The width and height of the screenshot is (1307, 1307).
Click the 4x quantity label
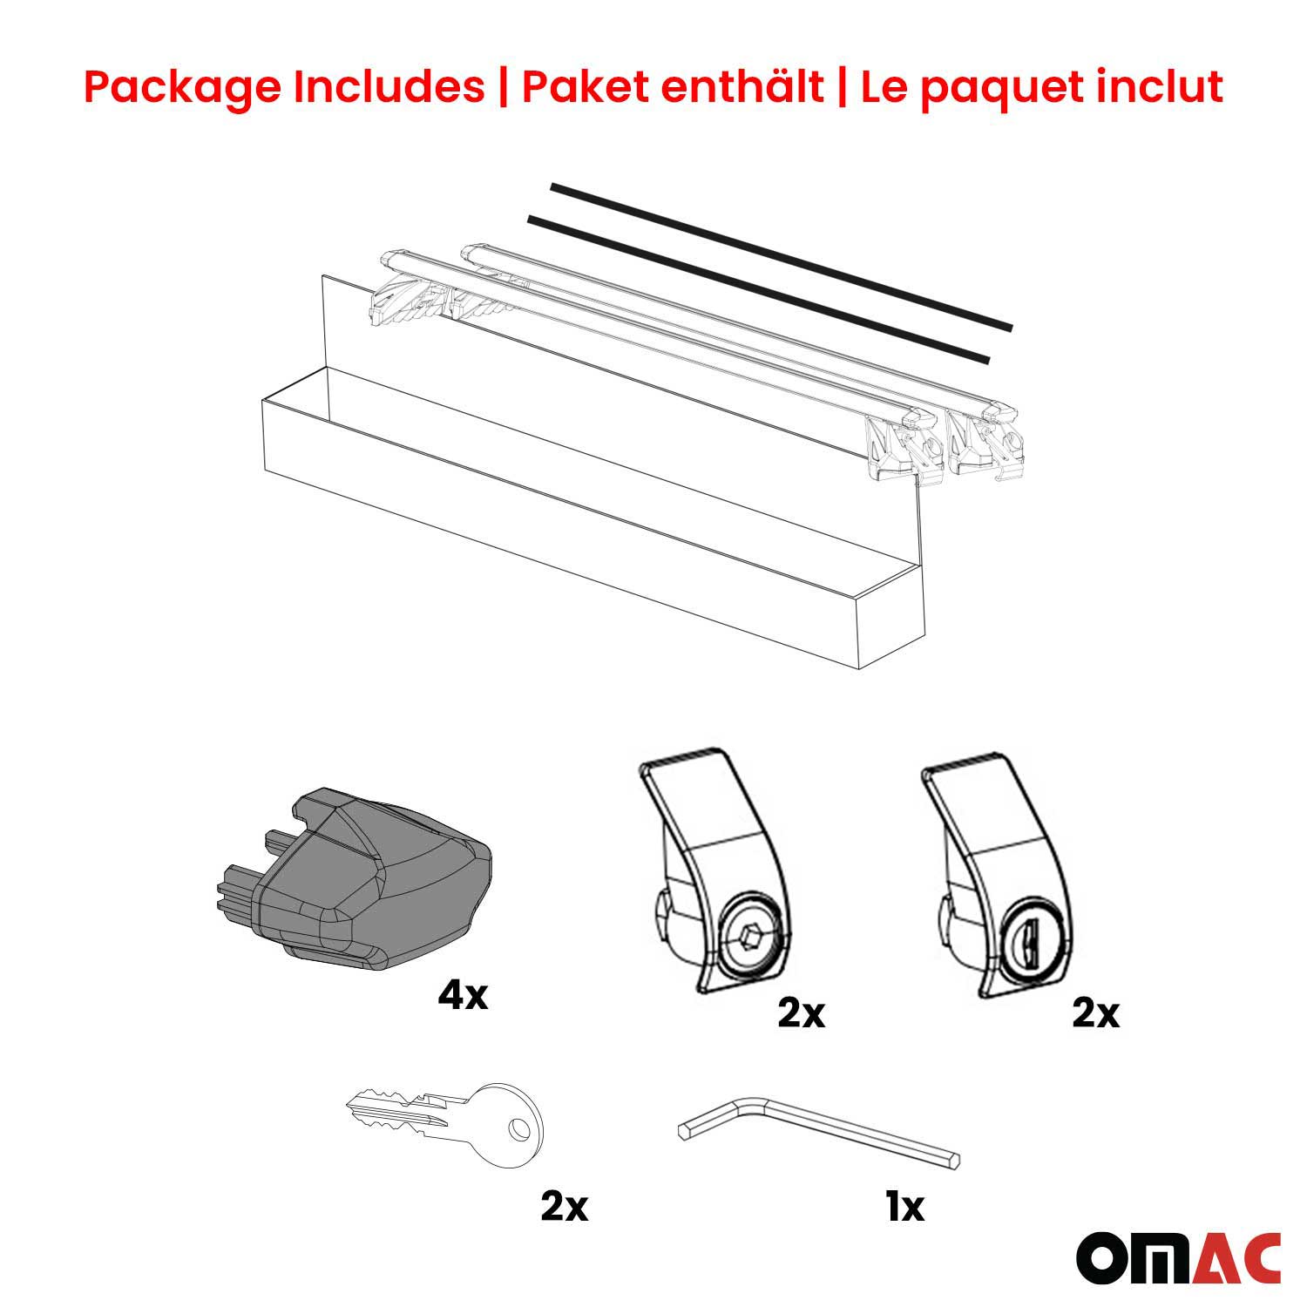pos(463,995)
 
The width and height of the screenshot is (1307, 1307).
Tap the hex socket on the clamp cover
pos(748,939)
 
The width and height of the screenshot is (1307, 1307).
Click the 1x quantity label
pos(904,1207)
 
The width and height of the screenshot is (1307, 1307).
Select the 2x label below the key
pos(565,1207)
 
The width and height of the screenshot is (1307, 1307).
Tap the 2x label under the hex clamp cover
pos(801,1013)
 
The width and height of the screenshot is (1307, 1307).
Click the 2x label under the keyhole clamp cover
pos(1095,1013)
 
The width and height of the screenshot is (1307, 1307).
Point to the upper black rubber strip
pos(781,256)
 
